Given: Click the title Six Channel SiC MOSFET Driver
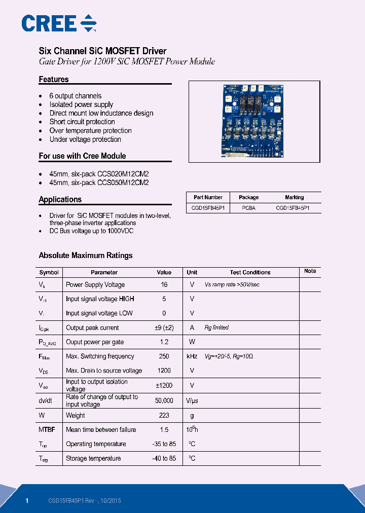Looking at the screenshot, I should click(x=102, y=51).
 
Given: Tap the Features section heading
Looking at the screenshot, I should click(x=54, y=80).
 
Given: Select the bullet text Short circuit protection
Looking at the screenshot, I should click(x=82, y=122).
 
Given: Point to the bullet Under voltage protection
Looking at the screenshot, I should click(x=85, y=139).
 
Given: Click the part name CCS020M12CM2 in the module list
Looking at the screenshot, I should click(x=123, y=173).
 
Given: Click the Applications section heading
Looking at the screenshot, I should click(x=60, y=200).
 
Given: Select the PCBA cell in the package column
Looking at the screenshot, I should click(x=248, y=208).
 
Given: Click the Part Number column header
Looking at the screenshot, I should click(x=208, y=197).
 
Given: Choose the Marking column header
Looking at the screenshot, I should click(x=294, y=197).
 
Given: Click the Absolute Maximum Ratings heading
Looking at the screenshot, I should click(x=86, y=255).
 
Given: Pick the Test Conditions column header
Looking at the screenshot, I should click(x=250, y=272).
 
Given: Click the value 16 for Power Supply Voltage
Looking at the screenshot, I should click(x=164, y=285).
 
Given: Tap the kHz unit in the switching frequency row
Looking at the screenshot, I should click(x=192, y=356).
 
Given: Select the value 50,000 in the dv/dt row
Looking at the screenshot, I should click(x=164, y=400).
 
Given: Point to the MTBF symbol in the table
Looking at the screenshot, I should click(x=47, y=430).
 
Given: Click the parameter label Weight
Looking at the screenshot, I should click(x=76, y=416).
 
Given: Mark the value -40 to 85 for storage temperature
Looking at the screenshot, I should click(x=164, y=458).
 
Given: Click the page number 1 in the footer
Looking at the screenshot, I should click(x=27, y=501).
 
